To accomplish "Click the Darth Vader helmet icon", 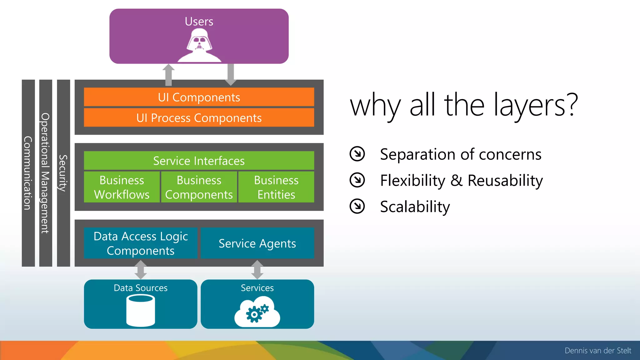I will (x=199, y=45).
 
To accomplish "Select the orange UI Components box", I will (x=199, y=97).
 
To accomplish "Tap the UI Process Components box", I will (x=199, y=118).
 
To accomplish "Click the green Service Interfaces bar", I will (x=199, y=161).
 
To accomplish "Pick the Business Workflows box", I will (x=122, y=187).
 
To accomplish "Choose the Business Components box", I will (x=199, y=187).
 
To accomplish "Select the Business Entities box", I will (x=276, y=187).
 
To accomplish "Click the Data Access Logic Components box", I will (x=141, y=243).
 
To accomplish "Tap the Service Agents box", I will (x=257, y=243).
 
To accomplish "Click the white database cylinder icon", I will (x=141, y=311).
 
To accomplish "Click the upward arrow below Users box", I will (x=168, y=75).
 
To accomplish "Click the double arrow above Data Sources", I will (x=141, y=270).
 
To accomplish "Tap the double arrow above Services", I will (x=257, y=270).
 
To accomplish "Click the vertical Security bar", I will (x=63, y=173).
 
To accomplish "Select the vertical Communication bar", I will (x=28, y=173).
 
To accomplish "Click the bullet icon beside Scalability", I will (x=357, y=206).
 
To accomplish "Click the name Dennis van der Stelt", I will (x=598, y=351).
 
